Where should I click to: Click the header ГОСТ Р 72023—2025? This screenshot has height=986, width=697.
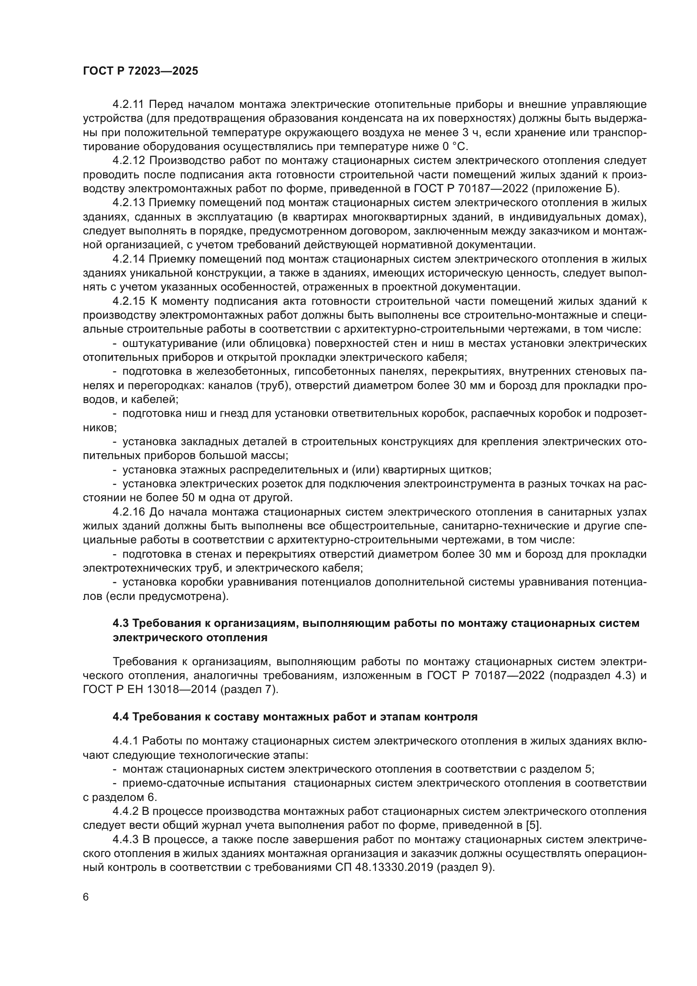(140, 71)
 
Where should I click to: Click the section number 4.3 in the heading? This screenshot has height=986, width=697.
(121, 623)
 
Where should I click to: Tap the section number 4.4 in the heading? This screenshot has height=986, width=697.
(121, 717)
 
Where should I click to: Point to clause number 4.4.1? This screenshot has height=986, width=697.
(126, 741)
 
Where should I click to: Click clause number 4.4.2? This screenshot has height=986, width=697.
(126, 811)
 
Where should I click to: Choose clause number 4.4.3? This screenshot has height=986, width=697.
(126, 840)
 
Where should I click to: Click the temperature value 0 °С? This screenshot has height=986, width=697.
(454, 147)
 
